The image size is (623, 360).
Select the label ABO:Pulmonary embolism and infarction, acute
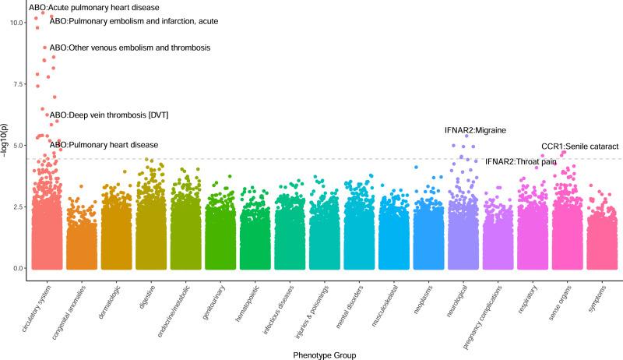(x=133, y=21)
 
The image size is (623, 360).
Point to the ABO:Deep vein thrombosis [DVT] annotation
(x=109, y=115)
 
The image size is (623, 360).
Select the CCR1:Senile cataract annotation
(x=579, y=146)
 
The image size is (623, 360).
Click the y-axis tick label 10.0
(x=16, y=22)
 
